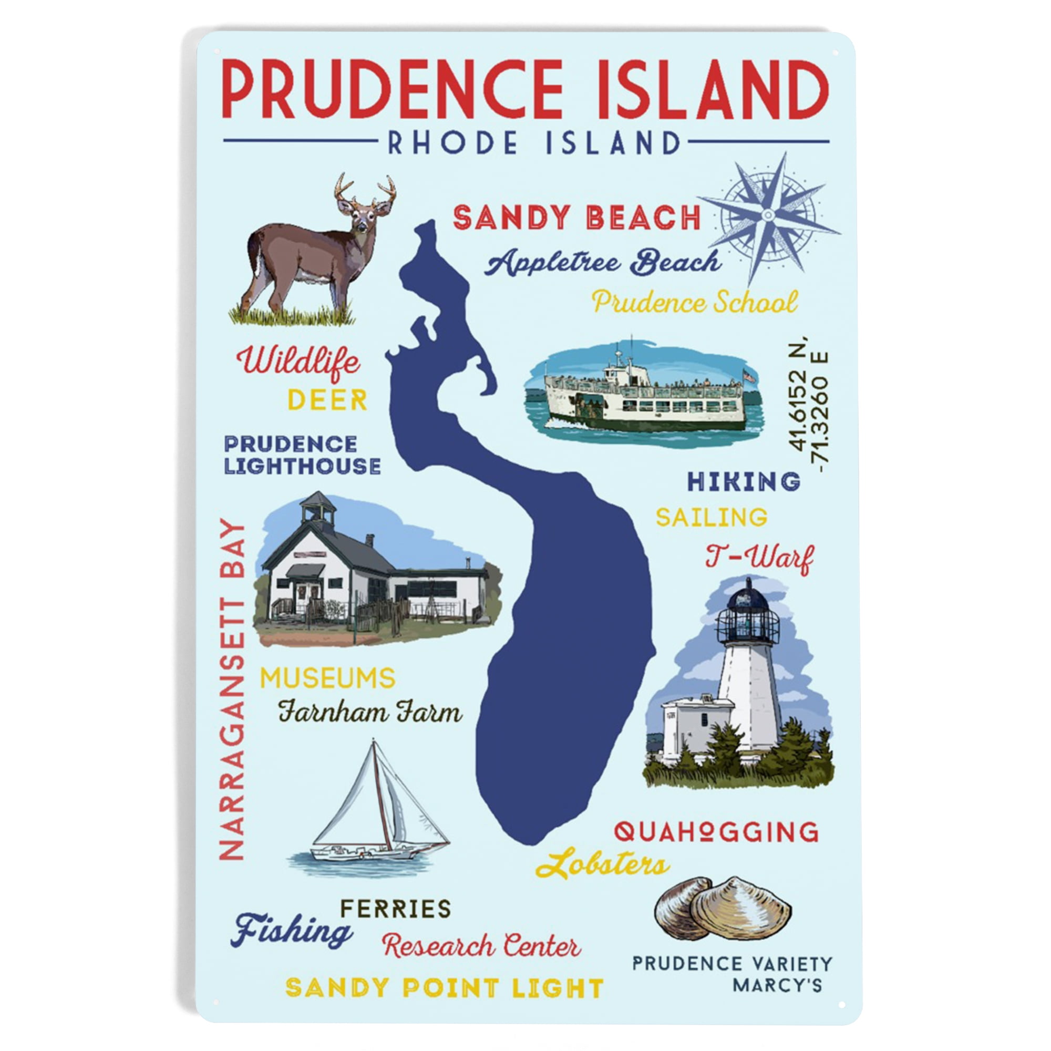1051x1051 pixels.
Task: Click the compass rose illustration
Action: [768, 216]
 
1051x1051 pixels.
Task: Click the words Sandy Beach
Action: [576, 218]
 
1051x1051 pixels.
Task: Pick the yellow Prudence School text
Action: [695, 303]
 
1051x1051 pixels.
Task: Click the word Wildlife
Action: [298, 362]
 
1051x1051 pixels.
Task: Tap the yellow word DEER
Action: [327, 400]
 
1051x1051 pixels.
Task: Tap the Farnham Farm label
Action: [370, 712]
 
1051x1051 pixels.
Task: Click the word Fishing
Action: [292, 931]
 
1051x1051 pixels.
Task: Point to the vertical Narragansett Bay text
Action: [232, 689]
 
